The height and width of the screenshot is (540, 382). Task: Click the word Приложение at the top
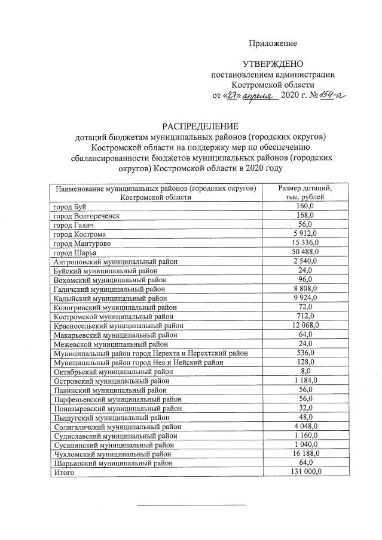click(273, 44)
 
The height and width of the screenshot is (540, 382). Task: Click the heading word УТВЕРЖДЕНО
click(273, 64)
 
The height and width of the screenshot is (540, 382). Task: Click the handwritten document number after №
click(330, 95)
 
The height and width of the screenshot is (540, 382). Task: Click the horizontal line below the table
click(191, 505)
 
